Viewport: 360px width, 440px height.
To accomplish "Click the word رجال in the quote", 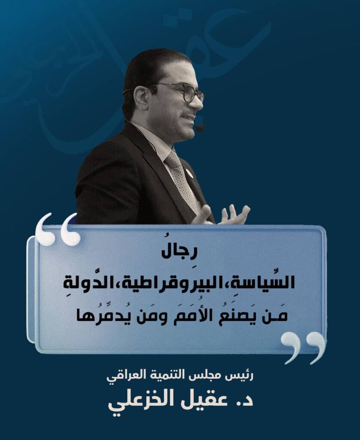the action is pos(180,254).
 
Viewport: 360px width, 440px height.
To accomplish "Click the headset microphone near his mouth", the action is pos(200,128).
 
